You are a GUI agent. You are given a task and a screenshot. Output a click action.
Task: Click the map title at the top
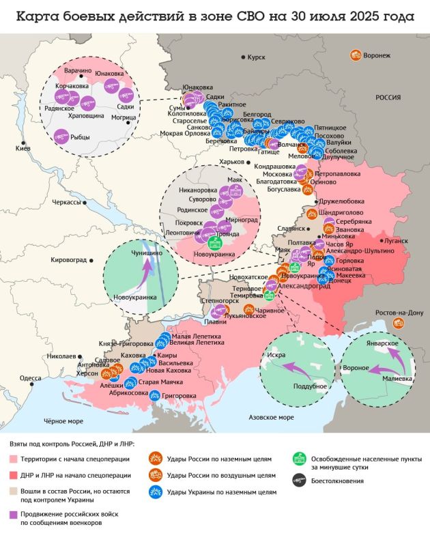[x=214, y=16]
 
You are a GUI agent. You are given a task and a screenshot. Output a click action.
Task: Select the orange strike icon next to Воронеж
[x=355, y=54]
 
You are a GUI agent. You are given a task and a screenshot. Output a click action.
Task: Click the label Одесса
[x=30, y=377]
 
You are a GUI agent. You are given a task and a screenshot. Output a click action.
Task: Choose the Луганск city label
[x=397, y=240]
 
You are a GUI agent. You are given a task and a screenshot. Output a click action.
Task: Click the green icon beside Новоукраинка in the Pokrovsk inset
[x=213, y=243]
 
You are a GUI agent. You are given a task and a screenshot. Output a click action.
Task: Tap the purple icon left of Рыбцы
[x=61, y=136]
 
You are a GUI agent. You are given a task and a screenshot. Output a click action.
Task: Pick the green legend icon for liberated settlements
[x=298, y=459]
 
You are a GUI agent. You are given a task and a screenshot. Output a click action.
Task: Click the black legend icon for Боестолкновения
[x=298, y=480]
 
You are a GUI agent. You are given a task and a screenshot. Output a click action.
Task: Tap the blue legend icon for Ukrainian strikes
[x=155, y=491]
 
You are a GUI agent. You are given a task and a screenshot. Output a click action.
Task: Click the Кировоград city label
[x=69, y=259]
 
